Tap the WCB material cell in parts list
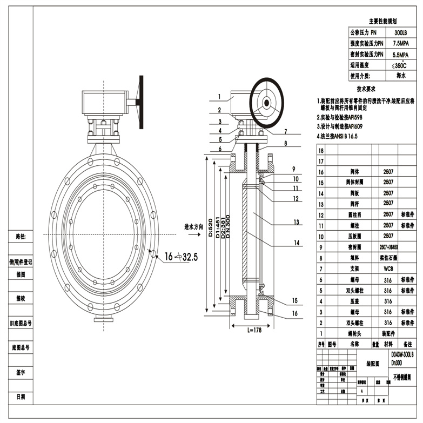388,268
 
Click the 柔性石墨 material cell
388,258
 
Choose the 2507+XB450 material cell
388,247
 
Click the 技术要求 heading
366,89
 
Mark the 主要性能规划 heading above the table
383,21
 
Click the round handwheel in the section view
267,103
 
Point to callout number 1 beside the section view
220,97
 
